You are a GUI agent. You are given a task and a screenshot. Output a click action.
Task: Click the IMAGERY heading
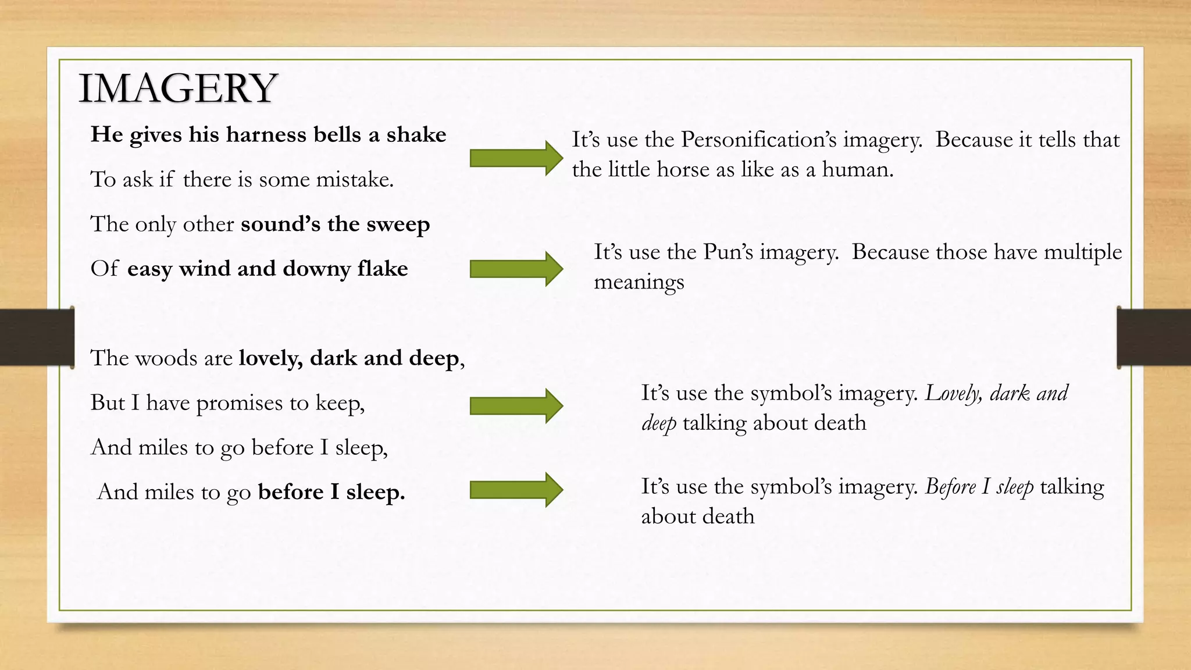tap(178, 88)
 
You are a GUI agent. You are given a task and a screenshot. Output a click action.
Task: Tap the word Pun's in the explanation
tap(728, 252)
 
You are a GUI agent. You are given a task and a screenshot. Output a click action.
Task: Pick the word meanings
tap(639, 282)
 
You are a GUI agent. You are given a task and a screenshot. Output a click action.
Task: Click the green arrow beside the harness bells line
tap(516, 158)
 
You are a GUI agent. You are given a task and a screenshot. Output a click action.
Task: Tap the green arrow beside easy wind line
tap(516, 269)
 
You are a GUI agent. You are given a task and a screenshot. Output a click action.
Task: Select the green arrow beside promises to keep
tap(516, 405)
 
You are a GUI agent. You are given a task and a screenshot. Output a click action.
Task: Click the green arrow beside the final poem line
tap(516, 490)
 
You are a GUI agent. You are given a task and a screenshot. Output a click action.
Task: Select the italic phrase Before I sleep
tap(979, 487)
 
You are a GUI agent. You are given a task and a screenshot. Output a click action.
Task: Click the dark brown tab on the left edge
tap(37, 337)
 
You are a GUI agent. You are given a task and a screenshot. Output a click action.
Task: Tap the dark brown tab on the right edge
tap(1154, 337)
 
